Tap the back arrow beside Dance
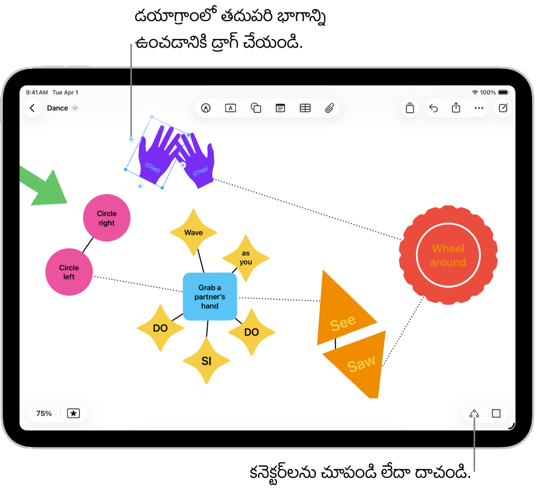32,108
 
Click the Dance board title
58,108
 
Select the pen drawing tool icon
206,108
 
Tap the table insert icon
305,108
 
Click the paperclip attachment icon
329,108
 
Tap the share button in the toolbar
456,108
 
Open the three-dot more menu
478,108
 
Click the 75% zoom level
44,414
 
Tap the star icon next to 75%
73,414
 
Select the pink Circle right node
107,218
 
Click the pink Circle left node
69,272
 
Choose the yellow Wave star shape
193,232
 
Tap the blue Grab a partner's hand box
210,297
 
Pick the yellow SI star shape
207,361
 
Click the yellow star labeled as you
246,258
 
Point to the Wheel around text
448,255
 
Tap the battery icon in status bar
503,92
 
